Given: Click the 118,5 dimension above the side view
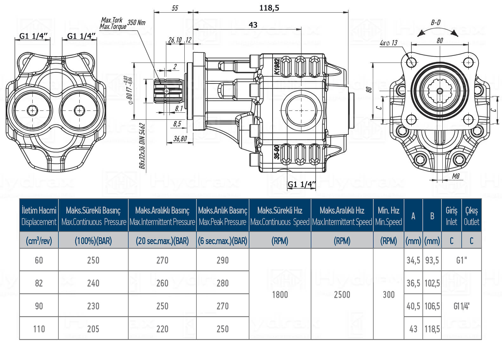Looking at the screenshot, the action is click(269, 8).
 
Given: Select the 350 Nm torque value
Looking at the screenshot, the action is click(136, 23).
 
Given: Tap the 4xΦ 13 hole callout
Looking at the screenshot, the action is click(388, 43).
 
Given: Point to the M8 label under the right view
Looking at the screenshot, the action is click(456, 176).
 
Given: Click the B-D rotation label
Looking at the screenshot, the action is click(435, 23).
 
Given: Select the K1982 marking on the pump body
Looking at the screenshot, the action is click(277, 67).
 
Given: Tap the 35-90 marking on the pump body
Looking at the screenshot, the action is click(277, 152).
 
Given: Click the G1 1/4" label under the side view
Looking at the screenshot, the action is click(302, 184).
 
